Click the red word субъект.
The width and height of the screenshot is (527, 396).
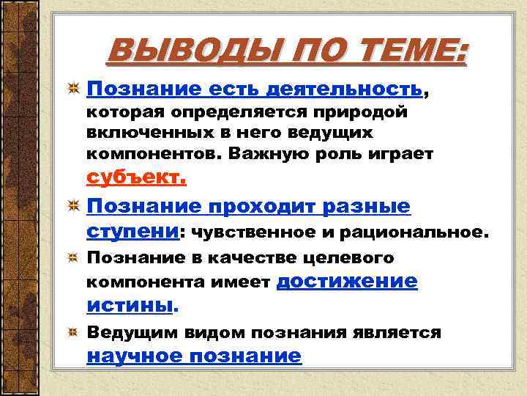click(x=137, y=178)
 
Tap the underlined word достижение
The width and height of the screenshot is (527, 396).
click(x=348, y=281)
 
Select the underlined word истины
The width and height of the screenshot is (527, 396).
click(x=131, y=304)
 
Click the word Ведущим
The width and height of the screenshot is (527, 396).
click(x=132, y=333)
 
